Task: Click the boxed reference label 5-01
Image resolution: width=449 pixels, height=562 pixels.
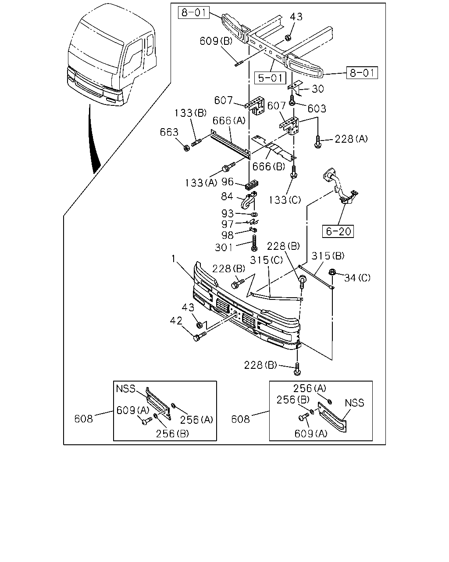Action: [x=270, y=78]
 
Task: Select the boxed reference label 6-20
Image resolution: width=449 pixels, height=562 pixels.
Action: [x=338, y=231]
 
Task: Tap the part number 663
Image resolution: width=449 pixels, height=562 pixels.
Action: [x=169, y=132]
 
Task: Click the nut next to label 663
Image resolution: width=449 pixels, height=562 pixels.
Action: [x=186, y=148]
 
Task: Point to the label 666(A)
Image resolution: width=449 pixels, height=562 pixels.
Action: [x=229, y=121]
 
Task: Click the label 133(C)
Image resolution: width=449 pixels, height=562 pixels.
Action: [x=285, y=200]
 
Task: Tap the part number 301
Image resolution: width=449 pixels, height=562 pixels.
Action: [x=224, y=247]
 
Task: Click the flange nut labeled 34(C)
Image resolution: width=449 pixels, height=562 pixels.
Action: [x=332, y=272]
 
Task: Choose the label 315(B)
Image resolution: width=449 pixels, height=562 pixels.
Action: [x=328, y=256]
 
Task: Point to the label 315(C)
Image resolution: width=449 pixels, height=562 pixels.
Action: [x=266, y=260]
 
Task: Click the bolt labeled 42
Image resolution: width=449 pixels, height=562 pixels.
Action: [x=200, y=336]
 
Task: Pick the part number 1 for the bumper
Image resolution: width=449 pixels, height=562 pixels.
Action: [x=173, y=259]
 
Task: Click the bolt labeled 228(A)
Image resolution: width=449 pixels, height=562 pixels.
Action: [x=318, y=142]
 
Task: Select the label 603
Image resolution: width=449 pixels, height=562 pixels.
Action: [x=317, y=108]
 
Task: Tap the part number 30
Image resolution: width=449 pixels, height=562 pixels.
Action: [x=318, y=89]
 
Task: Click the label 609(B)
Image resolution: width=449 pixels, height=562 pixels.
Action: [x=216, y=41]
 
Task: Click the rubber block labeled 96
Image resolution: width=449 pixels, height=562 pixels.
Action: [x=252, y=185]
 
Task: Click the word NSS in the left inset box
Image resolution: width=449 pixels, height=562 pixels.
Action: [x=125, y=389]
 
